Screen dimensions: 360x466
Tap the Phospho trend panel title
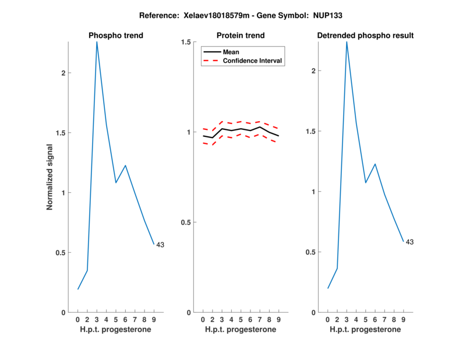pyautogui.click(x=116, y=36)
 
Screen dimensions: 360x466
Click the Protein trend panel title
pyautogui.click(x=241, y=36)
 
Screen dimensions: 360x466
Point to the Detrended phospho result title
pyautogui.click(x=365, y=36)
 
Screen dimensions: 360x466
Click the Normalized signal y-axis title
pyautogui.click(x=50, y=177)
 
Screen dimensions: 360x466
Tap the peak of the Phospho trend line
pyautogui.click(x=97, y=42)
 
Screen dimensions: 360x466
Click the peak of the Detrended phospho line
pyautogui.click(x=347, y=42)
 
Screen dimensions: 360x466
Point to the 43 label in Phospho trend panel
pyautogui.click(x=160, y=245)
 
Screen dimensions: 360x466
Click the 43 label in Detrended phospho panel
pyautogui.click(x=409, y=242)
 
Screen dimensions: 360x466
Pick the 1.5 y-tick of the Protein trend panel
pyautogui.click(x=186, y=42)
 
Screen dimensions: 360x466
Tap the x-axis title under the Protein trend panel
pyautogui.click(x=241, y=330)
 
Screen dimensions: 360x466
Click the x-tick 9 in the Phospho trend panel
pyautogui.click(x=154, y=319)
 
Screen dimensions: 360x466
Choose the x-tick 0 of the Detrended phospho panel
pyautogui.click(x=328, y=319)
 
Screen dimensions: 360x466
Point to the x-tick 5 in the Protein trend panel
pyautogui.click(x=241, y=319)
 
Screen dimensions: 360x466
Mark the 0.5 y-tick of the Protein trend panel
pyautogui.click(x=186, y=223)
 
